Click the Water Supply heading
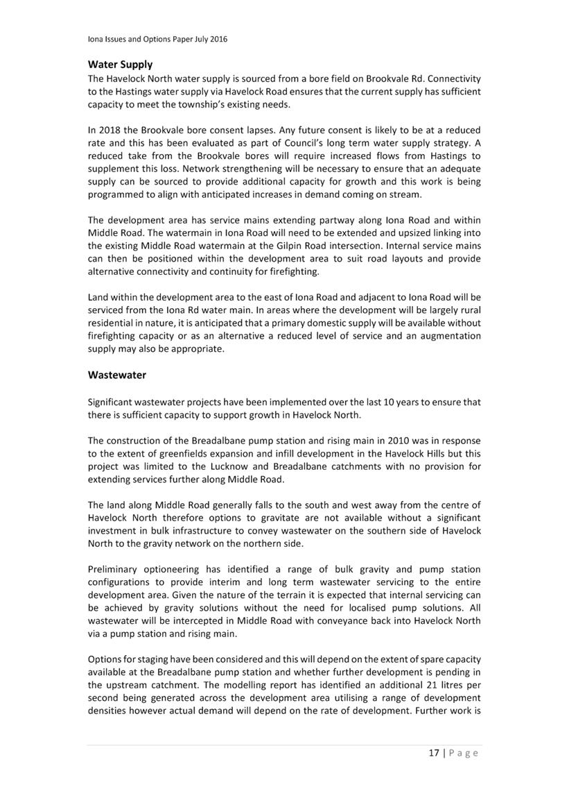coord(120,65)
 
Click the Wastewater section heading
coord(117,375)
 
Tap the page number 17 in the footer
coord(433,753)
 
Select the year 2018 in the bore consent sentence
coord(111,130)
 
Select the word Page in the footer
coord(463,753)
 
